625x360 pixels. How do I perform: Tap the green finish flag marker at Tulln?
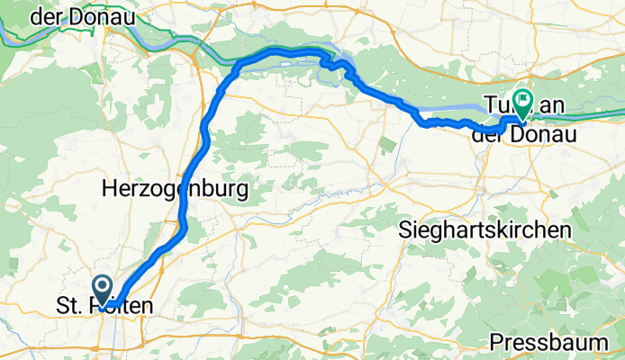521,100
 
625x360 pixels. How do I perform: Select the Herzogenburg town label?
175,189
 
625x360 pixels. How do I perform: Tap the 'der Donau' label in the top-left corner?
82,16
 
